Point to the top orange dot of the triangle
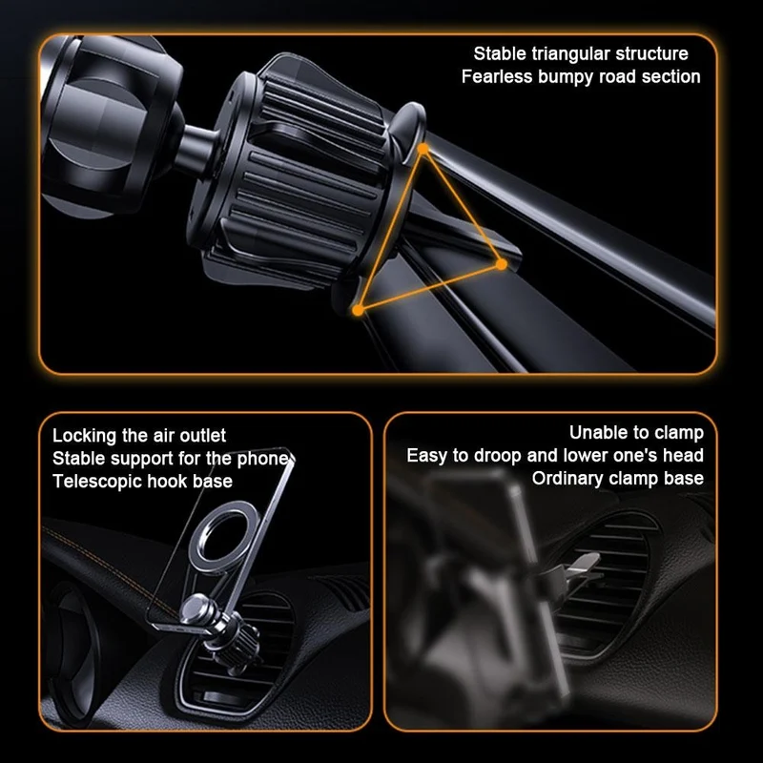pos(423,149)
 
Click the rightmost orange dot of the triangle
pos(502,264)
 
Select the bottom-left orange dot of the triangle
pos(358,310)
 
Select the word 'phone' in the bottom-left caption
pos(265,459)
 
